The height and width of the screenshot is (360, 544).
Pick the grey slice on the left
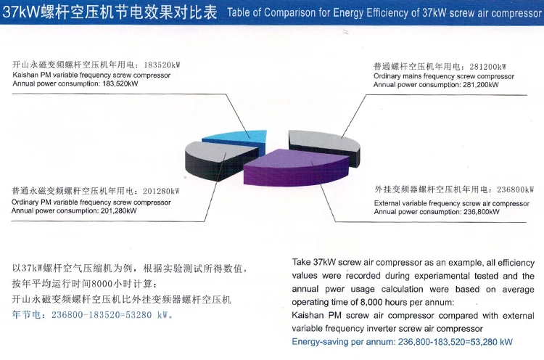(x=218, y=157)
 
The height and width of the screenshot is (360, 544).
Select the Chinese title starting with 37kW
(x=109, y=12)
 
